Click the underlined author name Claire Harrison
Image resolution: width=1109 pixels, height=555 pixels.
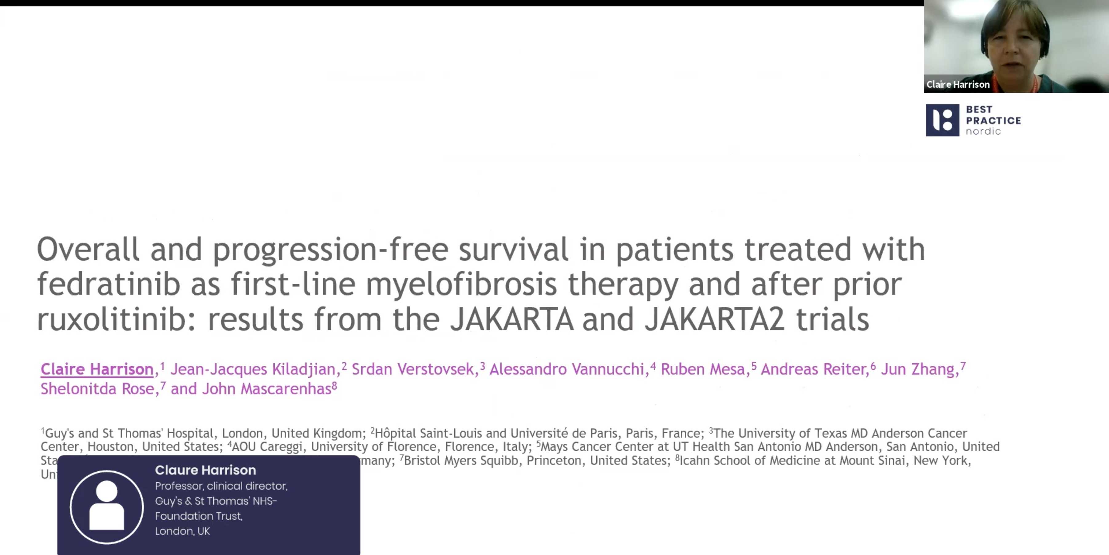point(97,369)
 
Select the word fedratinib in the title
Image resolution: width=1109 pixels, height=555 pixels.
point(109,284)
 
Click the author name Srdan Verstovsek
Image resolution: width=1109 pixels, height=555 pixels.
point(412,369)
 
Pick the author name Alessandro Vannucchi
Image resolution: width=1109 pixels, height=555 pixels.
point(566,369)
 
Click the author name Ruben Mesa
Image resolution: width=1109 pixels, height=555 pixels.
point(703,369)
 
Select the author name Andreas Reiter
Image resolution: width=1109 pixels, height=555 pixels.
point(814,369)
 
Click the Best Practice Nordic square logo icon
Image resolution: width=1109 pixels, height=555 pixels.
point(942,120)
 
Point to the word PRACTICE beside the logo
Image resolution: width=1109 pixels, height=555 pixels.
point(993,121)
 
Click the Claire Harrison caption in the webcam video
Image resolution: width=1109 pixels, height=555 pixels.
point(958,85)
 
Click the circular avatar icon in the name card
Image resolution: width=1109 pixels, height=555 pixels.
point(107,507)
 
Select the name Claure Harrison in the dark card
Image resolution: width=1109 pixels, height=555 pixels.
point(205,470)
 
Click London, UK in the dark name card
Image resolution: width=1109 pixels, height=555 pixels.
point(183,531)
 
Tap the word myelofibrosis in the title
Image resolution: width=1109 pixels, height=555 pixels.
point(461,284)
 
